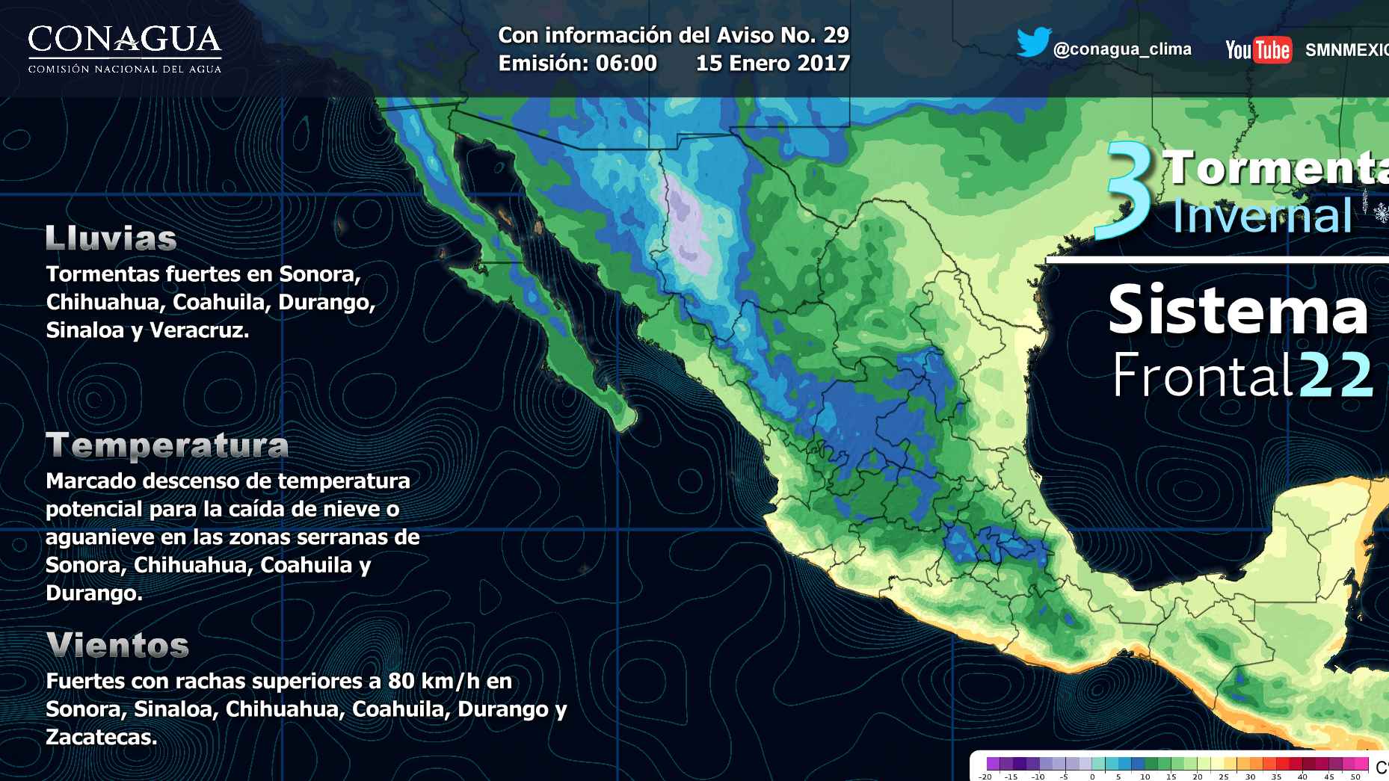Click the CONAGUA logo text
coord(125,40)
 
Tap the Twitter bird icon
coord(1033,43)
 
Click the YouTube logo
coord(1258,50)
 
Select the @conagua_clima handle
coord(1121,49)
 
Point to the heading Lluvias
coord(111,238)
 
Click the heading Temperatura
coord(167,445)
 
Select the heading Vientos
coord(117,645)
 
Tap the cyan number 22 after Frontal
coord(1335,376)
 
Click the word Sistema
coord(1237,310)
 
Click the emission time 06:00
coord(626,63)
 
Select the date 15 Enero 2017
coord(772,63)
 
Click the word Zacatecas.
coord(101,737)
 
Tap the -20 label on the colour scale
coord(985,777)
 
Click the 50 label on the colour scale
coord(1355,777)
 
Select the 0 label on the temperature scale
coord(1091,777)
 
